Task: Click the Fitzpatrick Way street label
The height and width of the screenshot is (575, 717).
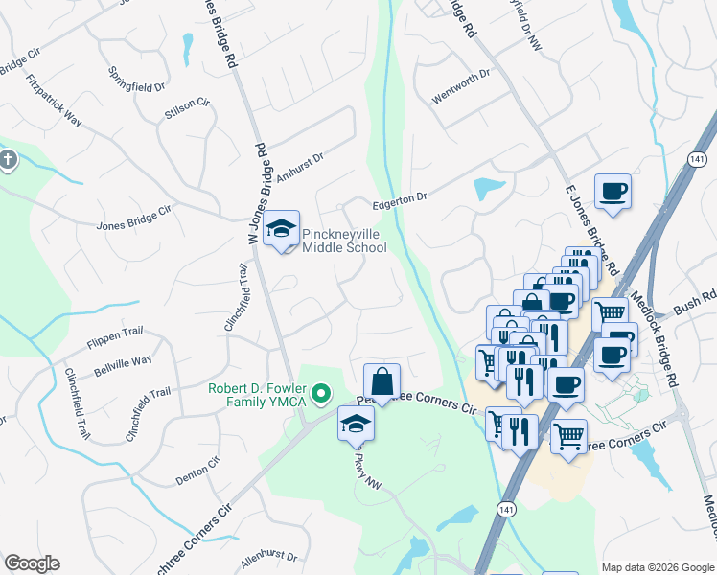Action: [x=54, y=101]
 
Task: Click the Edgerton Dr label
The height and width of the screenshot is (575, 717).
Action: [x=399, y=202]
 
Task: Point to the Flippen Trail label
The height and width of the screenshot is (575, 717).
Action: [x=115, y=332]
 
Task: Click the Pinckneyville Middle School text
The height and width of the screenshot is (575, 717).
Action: [x=344, y=241]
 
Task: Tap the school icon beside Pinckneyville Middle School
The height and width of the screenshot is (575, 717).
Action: [x=282, y=228]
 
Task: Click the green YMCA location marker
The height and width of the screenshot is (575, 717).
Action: [x=322, y=393]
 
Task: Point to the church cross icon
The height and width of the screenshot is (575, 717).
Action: [x=8, y=159]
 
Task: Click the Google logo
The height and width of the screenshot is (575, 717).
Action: [x=32, y=563]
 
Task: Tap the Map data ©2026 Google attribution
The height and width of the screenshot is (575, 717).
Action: [x=658, y=566]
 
